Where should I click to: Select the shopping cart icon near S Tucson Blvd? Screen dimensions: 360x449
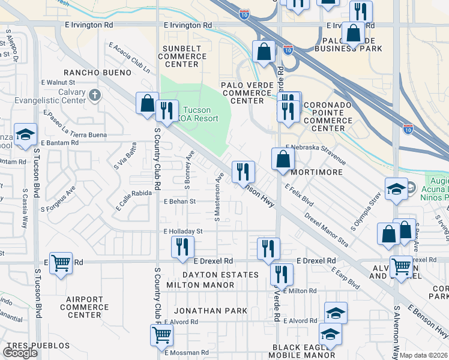click(x=61, y=262)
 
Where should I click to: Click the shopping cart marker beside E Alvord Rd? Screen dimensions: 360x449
click(x=161, y=335)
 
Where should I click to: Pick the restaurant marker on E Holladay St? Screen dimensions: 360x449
click(x=182, y=246)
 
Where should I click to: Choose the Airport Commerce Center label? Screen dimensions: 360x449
click(x=85, y=307)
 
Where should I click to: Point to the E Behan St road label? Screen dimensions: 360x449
click(x=180, y=202)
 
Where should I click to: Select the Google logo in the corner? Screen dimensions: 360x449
click(x=20, y=353)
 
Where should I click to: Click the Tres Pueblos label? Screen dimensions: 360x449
click(x=39, y=346)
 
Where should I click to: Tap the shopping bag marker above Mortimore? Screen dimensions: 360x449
click(x=283, y=159)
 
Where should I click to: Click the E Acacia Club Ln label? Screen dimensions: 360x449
click(x=130, y=58)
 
